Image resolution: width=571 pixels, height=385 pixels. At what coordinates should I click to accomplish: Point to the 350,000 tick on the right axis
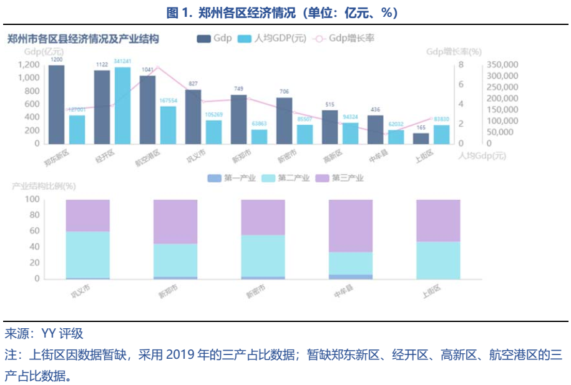coord(502,65)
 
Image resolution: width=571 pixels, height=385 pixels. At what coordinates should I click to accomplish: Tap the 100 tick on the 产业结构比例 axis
coord(32,200)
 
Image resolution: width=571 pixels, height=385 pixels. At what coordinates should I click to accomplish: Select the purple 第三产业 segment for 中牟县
coord(351,225)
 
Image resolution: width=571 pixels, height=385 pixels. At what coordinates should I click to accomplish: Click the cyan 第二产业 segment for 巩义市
coord(87,255)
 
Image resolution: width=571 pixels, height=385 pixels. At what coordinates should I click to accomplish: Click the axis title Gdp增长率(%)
coord(454,52)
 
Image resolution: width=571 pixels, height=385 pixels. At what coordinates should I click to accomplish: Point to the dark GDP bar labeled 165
coord(421,138)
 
